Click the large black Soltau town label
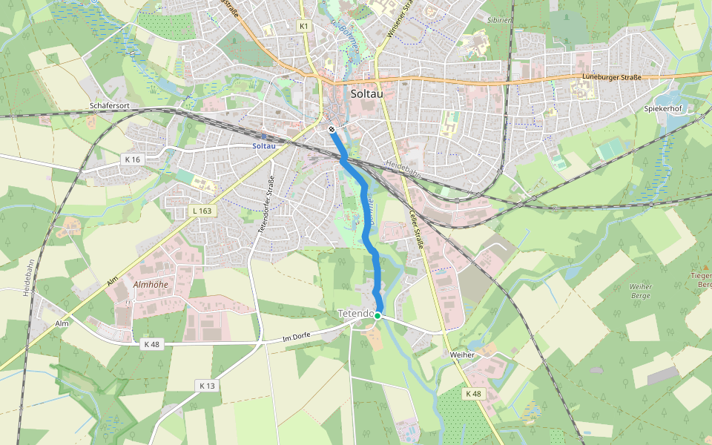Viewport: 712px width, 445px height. tap(365, 94)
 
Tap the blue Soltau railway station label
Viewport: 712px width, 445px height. tap(264, 145)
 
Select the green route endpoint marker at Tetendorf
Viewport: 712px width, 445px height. tap(377, 316)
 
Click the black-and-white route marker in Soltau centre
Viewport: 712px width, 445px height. tap(332, 129)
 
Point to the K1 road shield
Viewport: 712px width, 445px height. tap(303, 26)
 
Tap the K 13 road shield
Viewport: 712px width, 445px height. tap(207, 386)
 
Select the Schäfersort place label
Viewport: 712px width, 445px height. tap(110, 106)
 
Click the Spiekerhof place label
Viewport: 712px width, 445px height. tap(663, 108)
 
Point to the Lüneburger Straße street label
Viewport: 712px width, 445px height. tap(611, 77)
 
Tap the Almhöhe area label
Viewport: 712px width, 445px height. tap(151, 284)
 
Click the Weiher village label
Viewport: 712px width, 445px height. tap(462, 355)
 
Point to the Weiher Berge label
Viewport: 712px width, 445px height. tap(640, 291)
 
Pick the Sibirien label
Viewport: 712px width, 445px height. tap(499, 20)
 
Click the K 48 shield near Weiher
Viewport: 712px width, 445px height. tap(472, 393)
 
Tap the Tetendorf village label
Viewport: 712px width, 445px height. tap(355, 314)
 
